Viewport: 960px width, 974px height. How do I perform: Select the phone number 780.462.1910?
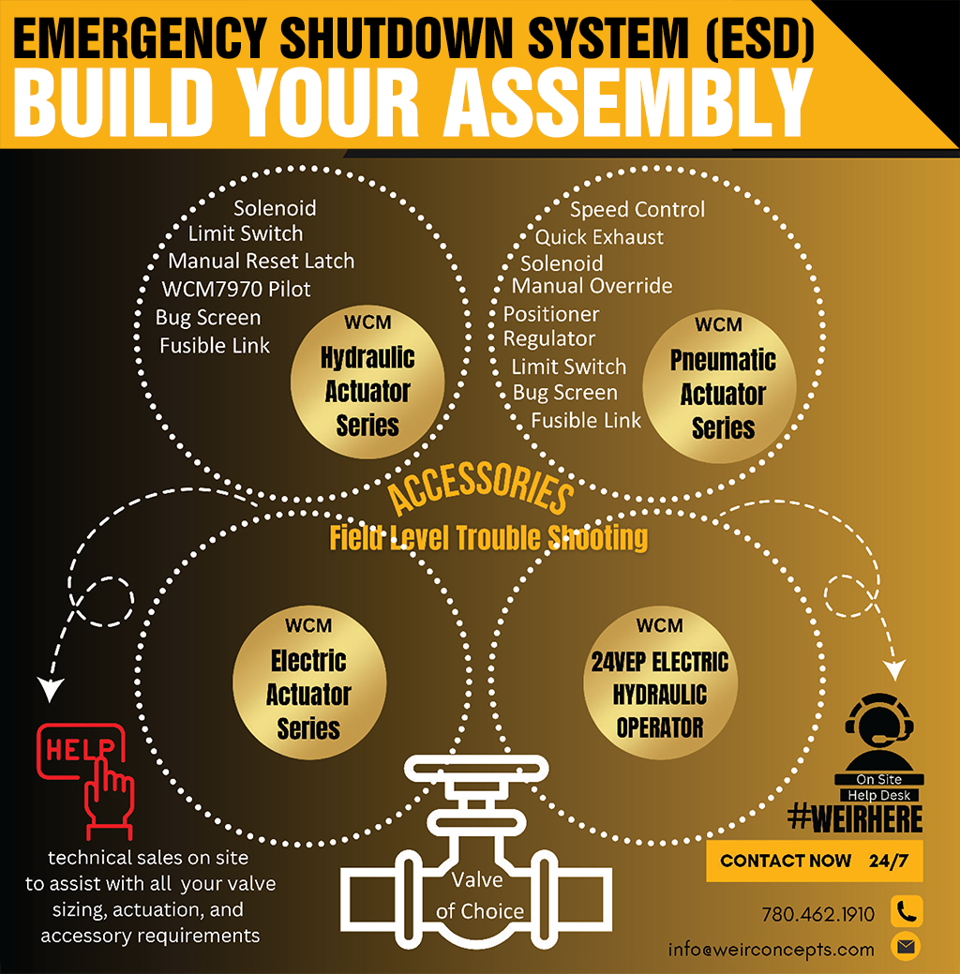tap(818, 914)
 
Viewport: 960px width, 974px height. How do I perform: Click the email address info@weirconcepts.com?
tap(771, 949)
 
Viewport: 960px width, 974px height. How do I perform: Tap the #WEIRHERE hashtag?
tap(855, 818)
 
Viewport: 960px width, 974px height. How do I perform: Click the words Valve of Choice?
tap(479, 894)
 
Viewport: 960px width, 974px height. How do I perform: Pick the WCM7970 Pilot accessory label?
tap(235, 288)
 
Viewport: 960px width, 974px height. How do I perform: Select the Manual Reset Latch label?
tap(262, 261)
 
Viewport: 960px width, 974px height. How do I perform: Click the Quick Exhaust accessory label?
tap(599, 237)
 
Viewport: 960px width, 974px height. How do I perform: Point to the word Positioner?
tap(551, 313)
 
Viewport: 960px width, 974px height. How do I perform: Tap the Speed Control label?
tap(637, 209)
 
